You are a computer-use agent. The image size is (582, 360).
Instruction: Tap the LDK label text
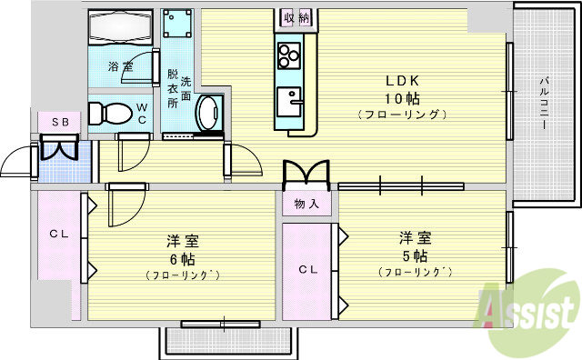click(400, 79)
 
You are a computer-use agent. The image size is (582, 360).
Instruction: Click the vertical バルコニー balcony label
click(543, 105)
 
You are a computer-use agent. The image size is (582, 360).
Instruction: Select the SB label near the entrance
click(59, 121)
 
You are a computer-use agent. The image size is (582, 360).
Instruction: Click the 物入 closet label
click(306, 205)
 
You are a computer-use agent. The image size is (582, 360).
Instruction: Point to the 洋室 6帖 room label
click(182, 249)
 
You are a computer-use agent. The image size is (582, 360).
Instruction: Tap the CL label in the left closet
click(59, 235)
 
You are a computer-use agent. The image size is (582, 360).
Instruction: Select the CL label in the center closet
click(307, 269)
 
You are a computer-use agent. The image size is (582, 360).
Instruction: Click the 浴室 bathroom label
click(120, 66)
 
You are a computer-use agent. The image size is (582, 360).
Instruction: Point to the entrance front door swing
click(18, 164)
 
